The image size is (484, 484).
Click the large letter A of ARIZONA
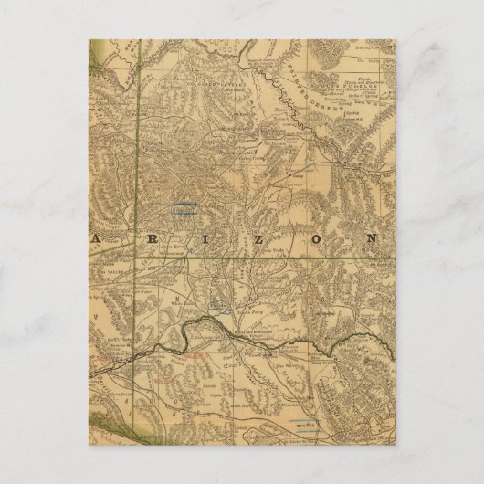coord(96,238)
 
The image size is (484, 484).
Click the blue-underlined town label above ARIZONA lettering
coord(185,208)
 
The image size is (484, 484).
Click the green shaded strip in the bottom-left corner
coord(99,421)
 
